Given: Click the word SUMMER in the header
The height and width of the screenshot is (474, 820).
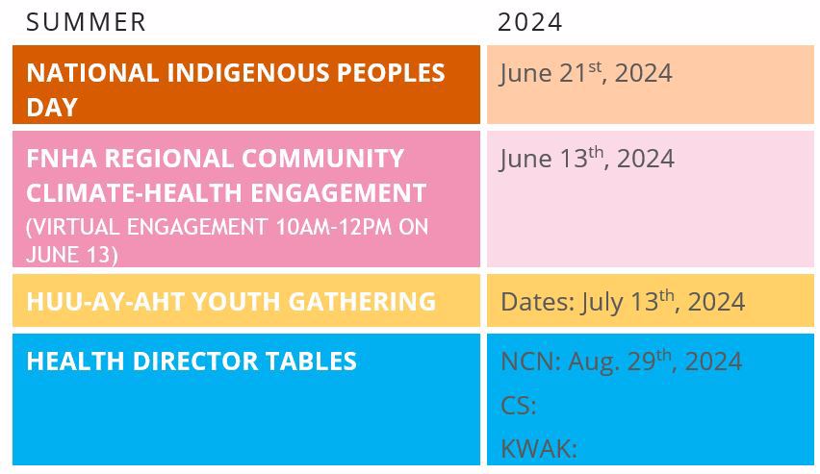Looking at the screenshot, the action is [x=86, y=22].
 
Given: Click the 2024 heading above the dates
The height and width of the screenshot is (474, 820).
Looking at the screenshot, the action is [x=529, y=22].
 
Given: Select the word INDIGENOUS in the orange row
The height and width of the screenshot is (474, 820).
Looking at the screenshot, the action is [x=248, y=73].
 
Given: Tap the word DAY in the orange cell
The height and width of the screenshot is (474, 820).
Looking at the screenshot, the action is [x=52, y=107].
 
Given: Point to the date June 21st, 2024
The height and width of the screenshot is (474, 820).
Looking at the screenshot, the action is [x=586, y=73].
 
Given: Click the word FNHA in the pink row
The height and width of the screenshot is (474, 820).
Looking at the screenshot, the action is [x=62, y=159].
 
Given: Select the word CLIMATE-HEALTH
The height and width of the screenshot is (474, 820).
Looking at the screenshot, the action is [x=135, y=193].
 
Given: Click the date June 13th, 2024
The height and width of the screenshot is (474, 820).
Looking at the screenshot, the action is [x=587, y=159].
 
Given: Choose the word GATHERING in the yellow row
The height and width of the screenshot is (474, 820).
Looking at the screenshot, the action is [x=362, y=302].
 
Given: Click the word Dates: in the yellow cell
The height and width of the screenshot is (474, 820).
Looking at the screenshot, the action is [x=538, y=302].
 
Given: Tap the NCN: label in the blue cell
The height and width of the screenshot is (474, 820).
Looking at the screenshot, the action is [x=531, y=362].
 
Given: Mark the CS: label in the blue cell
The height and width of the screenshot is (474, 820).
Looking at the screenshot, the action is [x=518, y=406].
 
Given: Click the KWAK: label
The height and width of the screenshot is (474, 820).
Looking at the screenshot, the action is [x=539, y=449].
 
